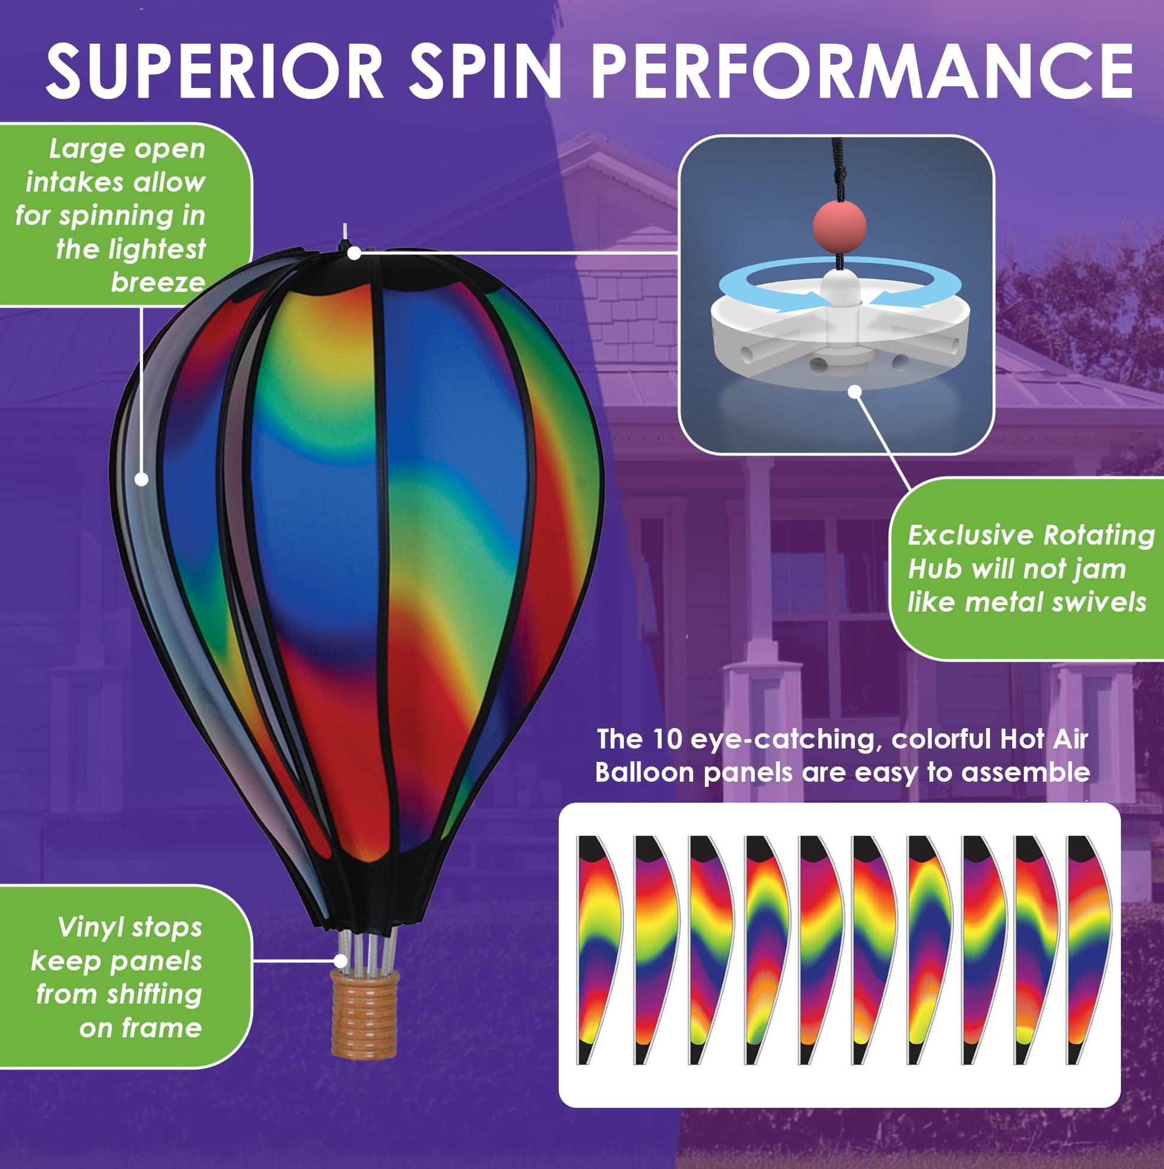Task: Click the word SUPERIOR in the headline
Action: tap(215, 71)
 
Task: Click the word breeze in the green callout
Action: tap(158, 283)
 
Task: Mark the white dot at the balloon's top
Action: tap(355, 253)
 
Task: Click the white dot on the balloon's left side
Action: tap(142, 479)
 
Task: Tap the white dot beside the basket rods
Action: tap(342, 960)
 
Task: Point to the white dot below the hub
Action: tap(854, 391)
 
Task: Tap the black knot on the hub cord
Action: tap(839, 175)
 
